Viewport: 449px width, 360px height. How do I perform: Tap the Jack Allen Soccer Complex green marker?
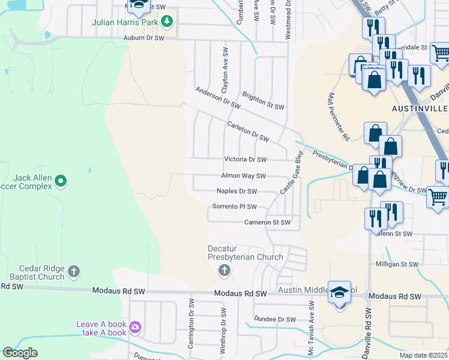coord(61,180)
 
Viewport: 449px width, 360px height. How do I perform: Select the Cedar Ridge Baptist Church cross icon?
coord(74,271)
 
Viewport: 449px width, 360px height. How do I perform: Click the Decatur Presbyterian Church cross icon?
coord(224,271)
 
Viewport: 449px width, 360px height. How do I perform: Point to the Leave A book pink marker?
coord(136,328)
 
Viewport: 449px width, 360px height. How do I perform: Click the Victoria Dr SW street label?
coord(245,160)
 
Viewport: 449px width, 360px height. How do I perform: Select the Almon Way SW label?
coord(243,176)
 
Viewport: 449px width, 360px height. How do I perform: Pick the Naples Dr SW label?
coord(237,191)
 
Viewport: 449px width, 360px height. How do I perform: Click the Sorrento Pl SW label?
coord(235,207)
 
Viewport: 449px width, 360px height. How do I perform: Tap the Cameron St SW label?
coord(267,223)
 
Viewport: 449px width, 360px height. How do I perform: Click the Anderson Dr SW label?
coord(217,98)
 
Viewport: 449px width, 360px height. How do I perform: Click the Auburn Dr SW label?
coord(143,38)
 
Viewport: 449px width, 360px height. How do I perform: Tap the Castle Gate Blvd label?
coord(292,172)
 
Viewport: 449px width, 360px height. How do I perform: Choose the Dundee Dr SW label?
coord(276,319)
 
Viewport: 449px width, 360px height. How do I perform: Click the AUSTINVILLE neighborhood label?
coord(420,109)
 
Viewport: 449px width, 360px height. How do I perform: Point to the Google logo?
coord(20,353)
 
